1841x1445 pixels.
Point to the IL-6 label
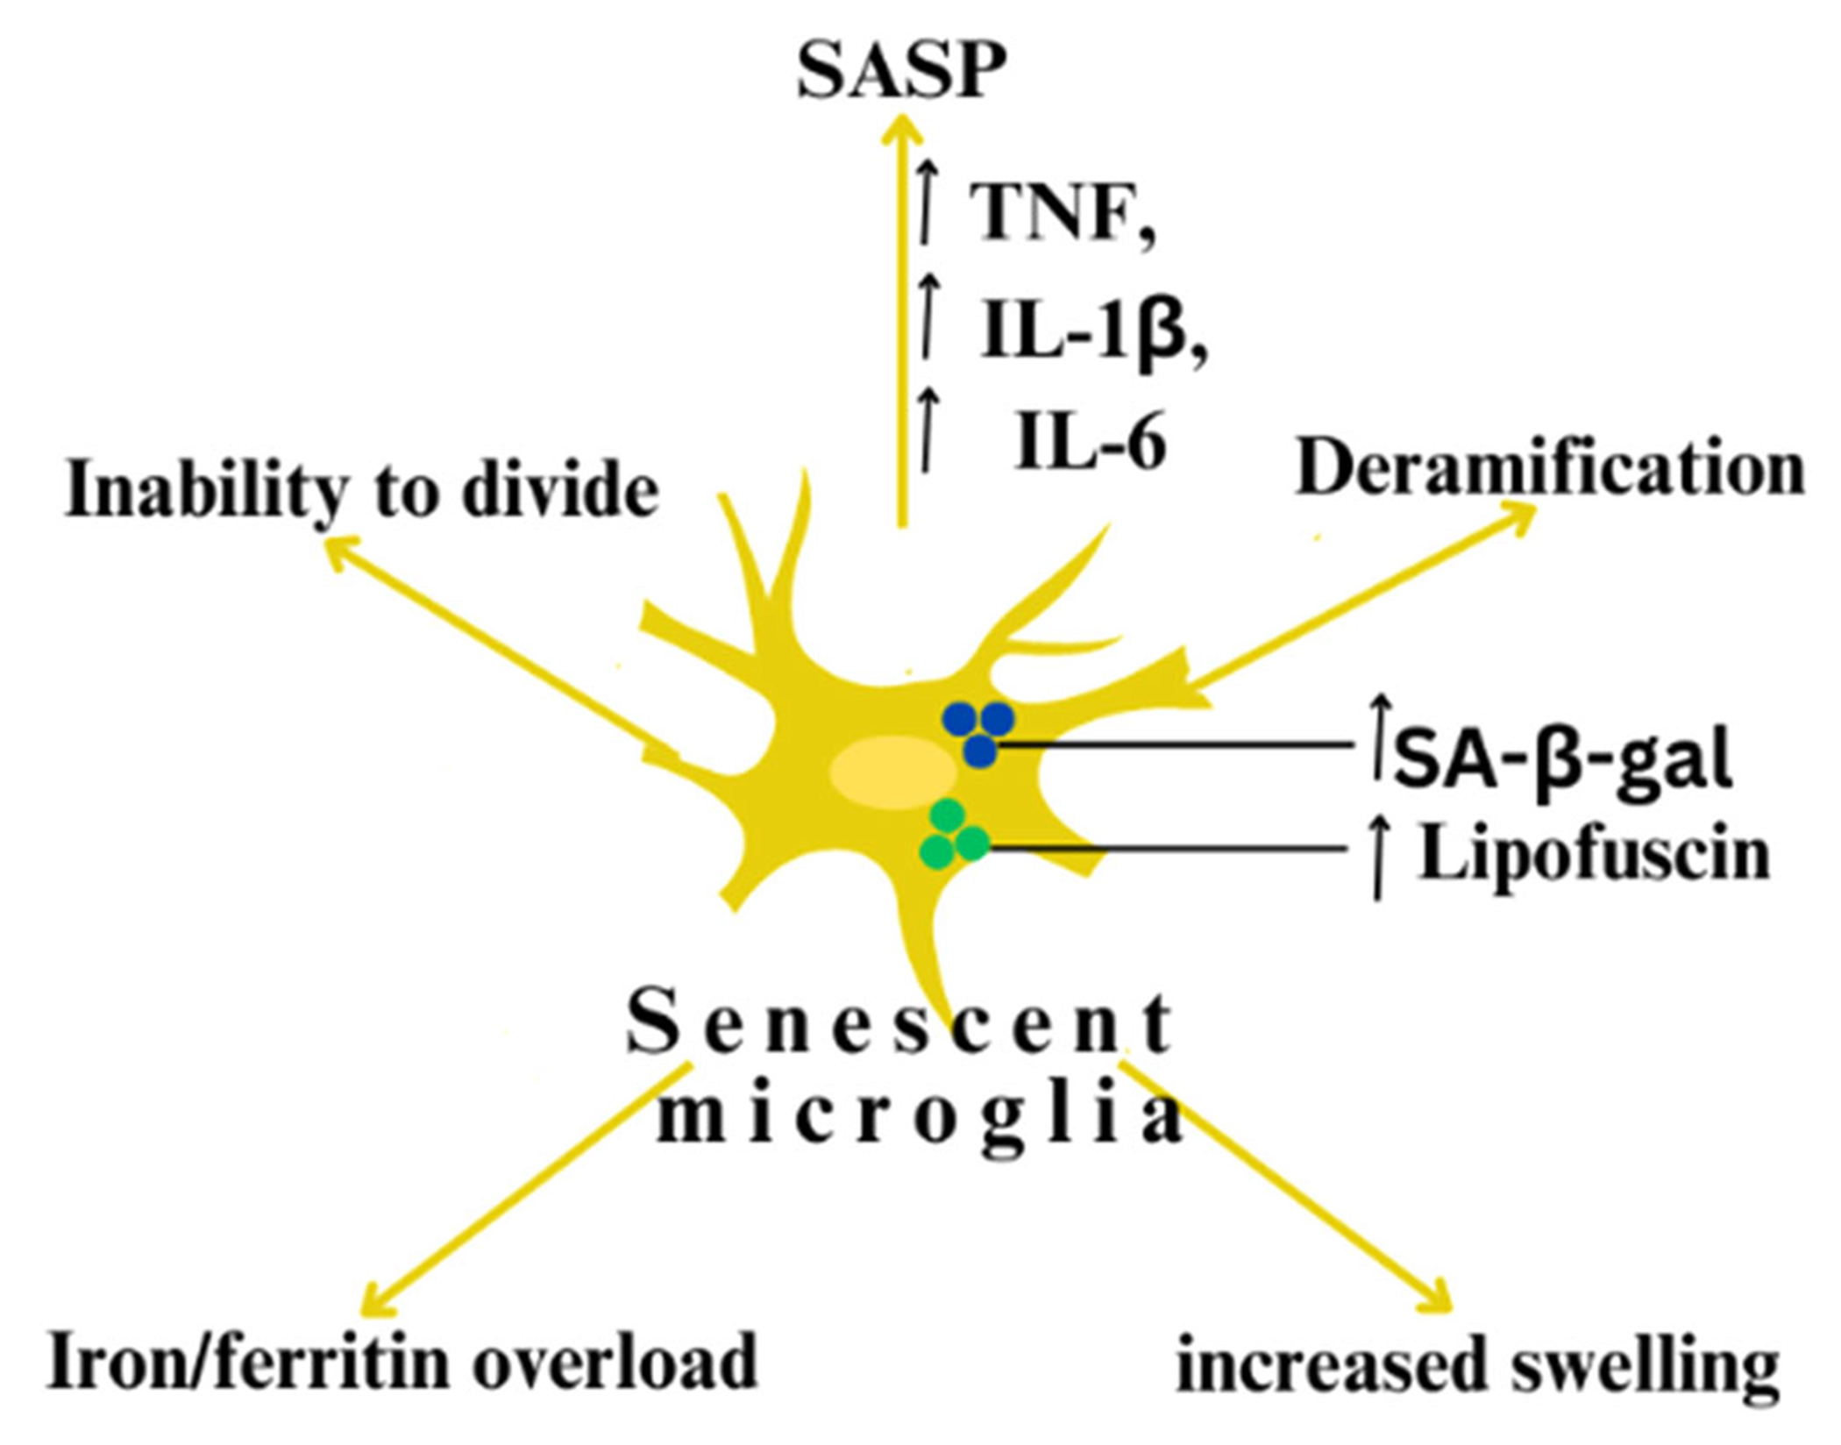(1091, 444)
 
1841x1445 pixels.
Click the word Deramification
(1550, 469)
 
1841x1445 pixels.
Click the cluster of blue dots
(978, 732)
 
